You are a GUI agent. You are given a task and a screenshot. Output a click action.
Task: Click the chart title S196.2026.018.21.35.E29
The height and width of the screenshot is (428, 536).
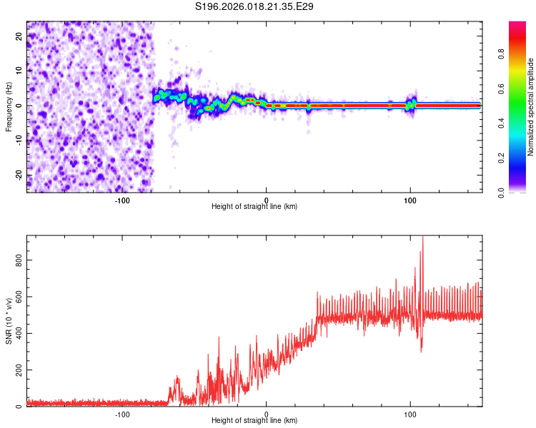(255, 7)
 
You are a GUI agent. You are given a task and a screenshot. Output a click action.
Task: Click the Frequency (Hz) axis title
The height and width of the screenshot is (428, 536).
(9, 107)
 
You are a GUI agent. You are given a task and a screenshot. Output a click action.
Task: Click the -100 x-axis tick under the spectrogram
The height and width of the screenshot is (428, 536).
(122, 200)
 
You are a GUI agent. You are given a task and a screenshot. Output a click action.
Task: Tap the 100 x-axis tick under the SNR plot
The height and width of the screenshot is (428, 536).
(410, 414)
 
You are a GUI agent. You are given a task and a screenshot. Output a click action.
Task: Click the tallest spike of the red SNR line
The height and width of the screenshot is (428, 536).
(422, 238)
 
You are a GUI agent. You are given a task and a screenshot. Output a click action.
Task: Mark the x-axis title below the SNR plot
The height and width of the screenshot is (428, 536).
(254, 422)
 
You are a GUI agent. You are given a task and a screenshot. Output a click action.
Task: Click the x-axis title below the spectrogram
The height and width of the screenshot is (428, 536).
(254, 207)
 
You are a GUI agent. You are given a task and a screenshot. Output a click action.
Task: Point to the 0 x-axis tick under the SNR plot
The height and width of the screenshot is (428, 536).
(267, 414)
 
